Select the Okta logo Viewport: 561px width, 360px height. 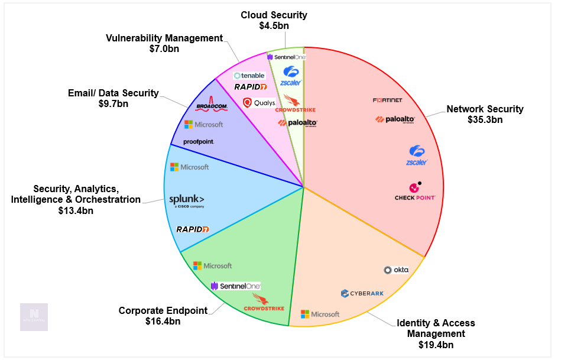(x=396, y=270)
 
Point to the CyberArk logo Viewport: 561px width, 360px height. (x=362, y=293)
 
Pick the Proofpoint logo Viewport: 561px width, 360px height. (x=199, y=142)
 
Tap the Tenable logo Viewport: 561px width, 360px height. (x=248, y=76)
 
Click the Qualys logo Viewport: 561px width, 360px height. (x=259, y=102)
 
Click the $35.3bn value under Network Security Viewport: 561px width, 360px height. (x=485, y=119)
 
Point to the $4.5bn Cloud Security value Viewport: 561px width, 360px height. (x=274, y=25)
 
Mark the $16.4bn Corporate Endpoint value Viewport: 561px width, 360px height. (x=163, y=321)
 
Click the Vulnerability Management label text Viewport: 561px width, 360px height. (x=164, y=38)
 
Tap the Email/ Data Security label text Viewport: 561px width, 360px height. (x=114, y=93)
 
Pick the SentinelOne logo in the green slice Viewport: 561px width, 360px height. (x=236, y=286)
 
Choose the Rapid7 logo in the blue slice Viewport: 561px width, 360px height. (x=193, y=229)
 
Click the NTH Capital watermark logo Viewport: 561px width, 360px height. (x=34, y=317)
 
